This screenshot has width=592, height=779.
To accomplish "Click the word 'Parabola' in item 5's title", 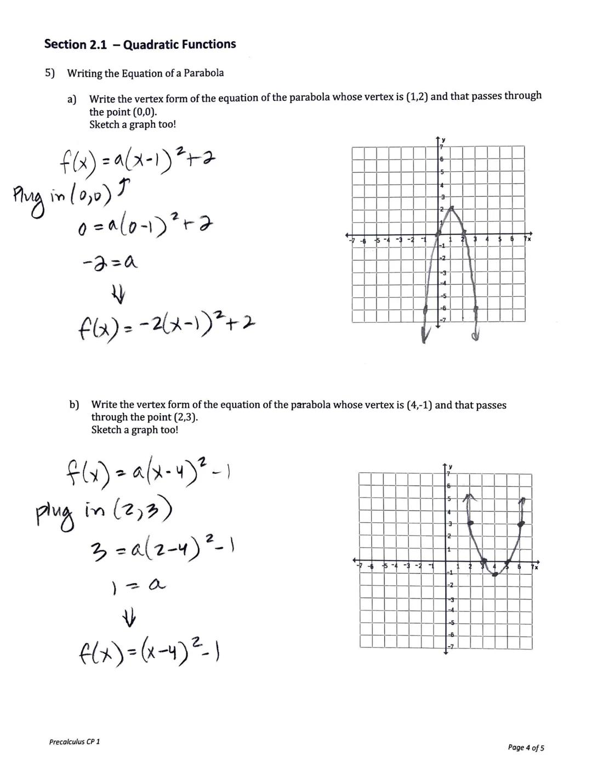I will [203, 73].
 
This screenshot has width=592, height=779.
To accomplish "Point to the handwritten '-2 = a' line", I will [110, 262].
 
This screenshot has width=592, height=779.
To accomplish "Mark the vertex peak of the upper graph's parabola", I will [451, 208].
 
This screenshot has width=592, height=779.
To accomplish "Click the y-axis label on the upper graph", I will [443, 139].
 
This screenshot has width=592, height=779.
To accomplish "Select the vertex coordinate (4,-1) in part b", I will [419, 405].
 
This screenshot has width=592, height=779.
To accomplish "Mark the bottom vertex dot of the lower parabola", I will [495, 574].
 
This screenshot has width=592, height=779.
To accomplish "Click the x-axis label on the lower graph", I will [536, 568].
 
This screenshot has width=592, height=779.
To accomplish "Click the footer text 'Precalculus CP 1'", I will [75, 742].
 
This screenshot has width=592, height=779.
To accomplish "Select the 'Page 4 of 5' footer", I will [526, 747].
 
